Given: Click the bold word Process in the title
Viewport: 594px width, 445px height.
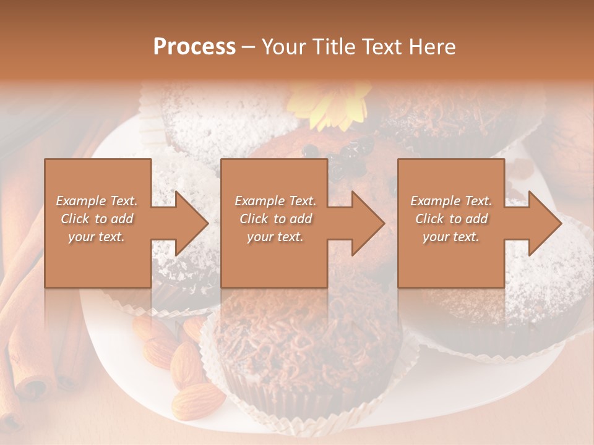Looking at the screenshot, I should pos(194,47).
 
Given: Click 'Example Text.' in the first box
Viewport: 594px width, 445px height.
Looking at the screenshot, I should pos(97,201).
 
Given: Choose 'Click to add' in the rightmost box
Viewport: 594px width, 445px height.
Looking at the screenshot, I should pos(451,219).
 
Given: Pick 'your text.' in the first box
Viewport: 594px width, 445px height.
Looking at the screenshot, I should pos(97,237).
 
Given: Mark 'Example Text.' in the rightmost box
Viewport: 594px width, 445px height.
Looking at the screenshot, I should pos(451,201).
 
